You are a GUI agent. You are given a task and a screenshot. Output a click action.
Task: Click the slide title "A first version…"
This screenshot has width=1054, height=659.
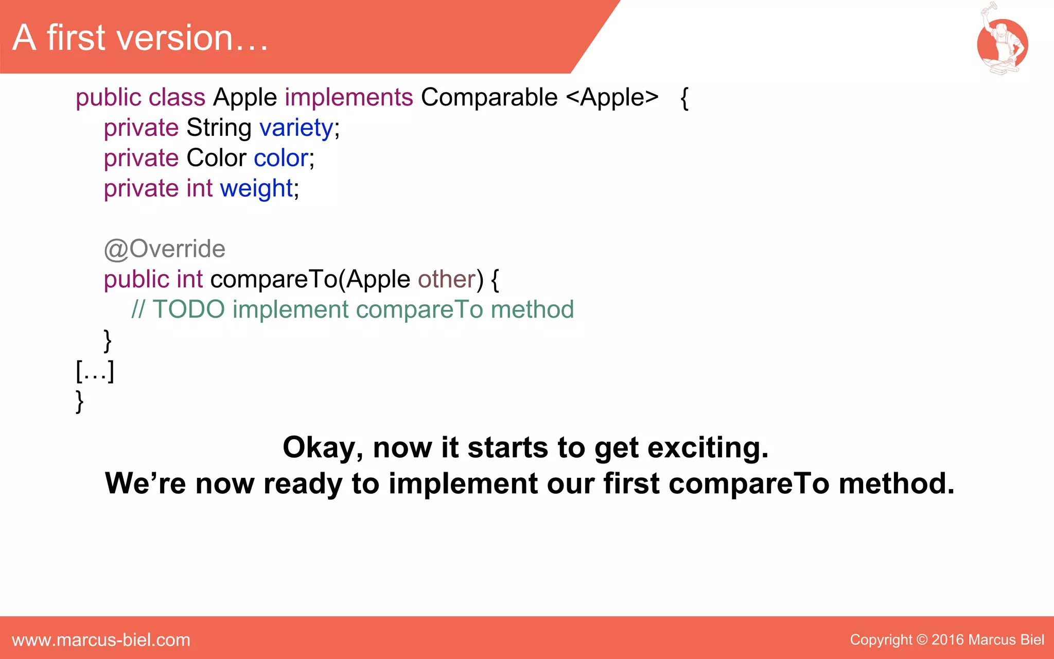[140, 38]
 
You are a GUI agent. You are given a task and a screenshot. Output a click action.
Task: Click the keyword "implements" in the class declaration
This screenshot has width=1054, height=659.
[348, 97]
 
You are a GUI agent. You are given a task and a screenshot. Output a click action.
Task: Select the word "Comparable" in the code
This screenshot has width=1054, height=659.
[489, 97]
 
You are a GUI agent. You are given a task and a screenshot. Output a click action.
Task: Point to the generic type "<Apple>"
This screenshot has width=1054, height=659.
[612, 97]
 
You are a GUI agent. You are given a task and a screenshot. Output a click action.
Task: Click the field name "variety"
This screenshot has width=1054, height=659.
[296, 128]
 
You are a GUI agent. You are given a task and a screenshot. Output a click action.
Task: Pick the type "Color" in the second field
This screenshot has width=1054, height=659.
[216, 158]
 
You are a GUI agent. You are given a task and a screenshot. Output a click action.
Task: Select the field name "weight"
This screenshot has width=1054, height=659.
[256, 188]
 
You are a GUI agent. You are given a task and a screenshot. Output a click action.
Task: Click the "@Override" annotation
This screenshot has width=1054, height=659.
[165, 249]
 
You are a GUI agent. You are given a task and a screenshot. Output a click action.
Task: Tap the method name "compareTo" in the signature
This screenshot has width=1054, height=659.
[273, 280]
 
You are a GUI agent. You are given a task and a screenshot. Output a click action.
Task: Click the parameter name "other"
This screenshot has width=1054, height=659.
[447, 280]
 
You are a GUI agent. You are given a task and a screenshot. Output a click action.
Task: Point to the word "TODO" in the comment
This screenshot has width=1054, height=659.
[189, 310]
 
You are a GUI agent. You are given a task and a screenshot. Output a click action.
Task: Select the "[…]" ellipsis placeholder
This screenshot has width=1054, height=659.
[95, 371]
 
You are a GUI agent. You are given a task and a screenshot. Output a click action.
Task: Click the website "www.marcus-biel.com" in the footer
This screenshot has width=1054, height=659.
[101, 640]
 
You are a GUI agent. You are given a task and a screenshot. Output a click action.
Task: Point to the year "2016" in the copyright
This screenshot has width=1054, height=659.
[947, 640]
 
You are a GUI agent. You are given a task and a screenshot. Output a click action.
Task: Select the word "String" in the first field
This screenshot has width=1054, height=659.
[219, 128]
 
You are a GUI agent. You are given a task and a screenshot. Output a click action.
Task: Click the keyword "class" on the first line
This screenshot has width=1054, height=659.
[177, 97]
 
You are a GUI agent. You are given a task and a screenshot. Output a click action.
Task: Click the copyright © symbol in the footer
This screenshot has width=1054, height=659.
[922, 640]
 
